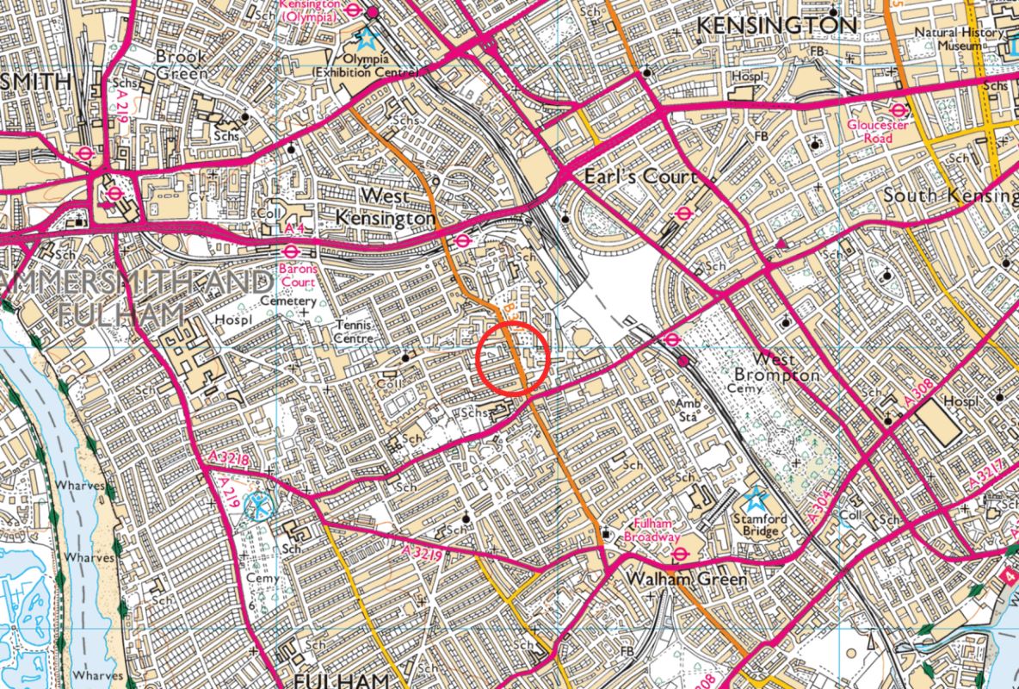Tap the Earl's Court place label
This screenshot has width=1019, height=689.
click(640, 177)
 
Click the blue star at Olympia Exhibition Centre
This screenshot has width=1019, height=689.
click(367, 38)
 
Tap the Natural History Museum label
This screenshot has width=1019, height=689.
click(948, 39)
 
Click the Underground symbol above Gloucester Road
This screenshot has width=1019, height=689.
click(899, 110)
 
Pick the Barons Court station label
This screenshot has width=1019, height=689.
click(297, 275)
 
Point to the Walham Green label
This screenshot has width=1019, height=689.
click(675, 579)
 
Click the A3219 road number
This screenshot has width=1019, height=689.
click(422, 553)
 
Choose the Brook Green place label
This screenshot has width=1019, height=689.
click(181, 65)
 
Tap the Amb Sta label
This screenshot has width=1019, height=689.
click(687, 411)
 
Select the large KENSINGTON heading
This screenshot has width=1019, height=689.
click(776, 26)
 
